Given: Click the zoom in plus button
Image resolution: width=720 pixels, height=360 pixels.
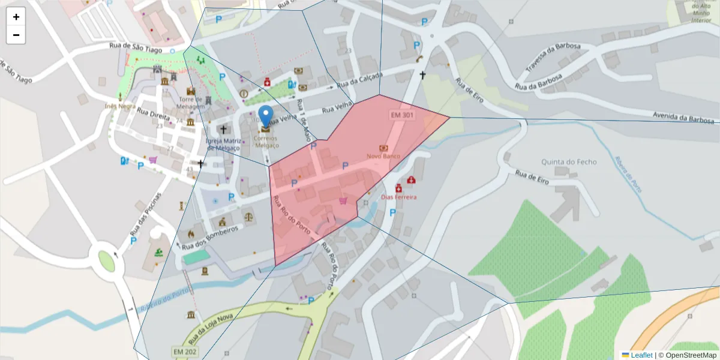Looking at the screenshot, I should click(x=16, y=17).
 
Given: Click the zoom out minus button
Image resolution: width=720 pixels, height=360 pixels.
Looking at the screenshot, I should click(x=16, y=35).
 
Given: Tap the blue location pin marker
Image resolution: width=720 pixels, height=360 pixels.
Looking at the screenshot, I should click(x=265, y=116).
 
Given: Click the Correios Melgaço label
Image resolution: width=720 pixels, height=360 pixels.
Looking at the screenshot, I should click(x=267, y=142).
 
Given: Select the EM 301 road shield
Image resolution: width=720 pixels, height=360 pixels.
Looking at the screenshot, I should click(x=401, y=115).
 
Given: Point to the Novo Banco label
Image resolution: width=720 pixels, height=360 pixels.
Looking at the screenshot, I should click(x=383, y=156).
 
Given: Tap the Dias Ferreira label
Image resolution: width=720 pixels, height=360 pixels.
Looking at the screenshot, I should click(x=398, y=197).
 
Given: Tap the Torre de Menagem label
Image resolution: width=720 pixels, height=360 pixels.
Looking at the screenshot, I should click(x=191, y=103).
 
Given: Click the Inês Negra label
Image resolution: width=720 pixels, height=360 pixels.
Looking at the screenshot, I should click(x=119, y=106).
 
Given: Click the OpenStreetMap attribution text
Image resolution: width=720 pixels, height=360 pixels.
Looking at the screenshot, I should click(x=691, y=355).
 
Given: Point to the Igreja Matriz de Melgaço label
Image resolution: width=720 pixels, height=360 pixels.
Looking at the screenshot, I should click(x=223, y=144).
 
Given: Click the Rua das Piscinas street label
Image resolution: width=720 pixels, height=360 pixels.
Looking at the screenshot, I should click(x=146, y=213).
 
